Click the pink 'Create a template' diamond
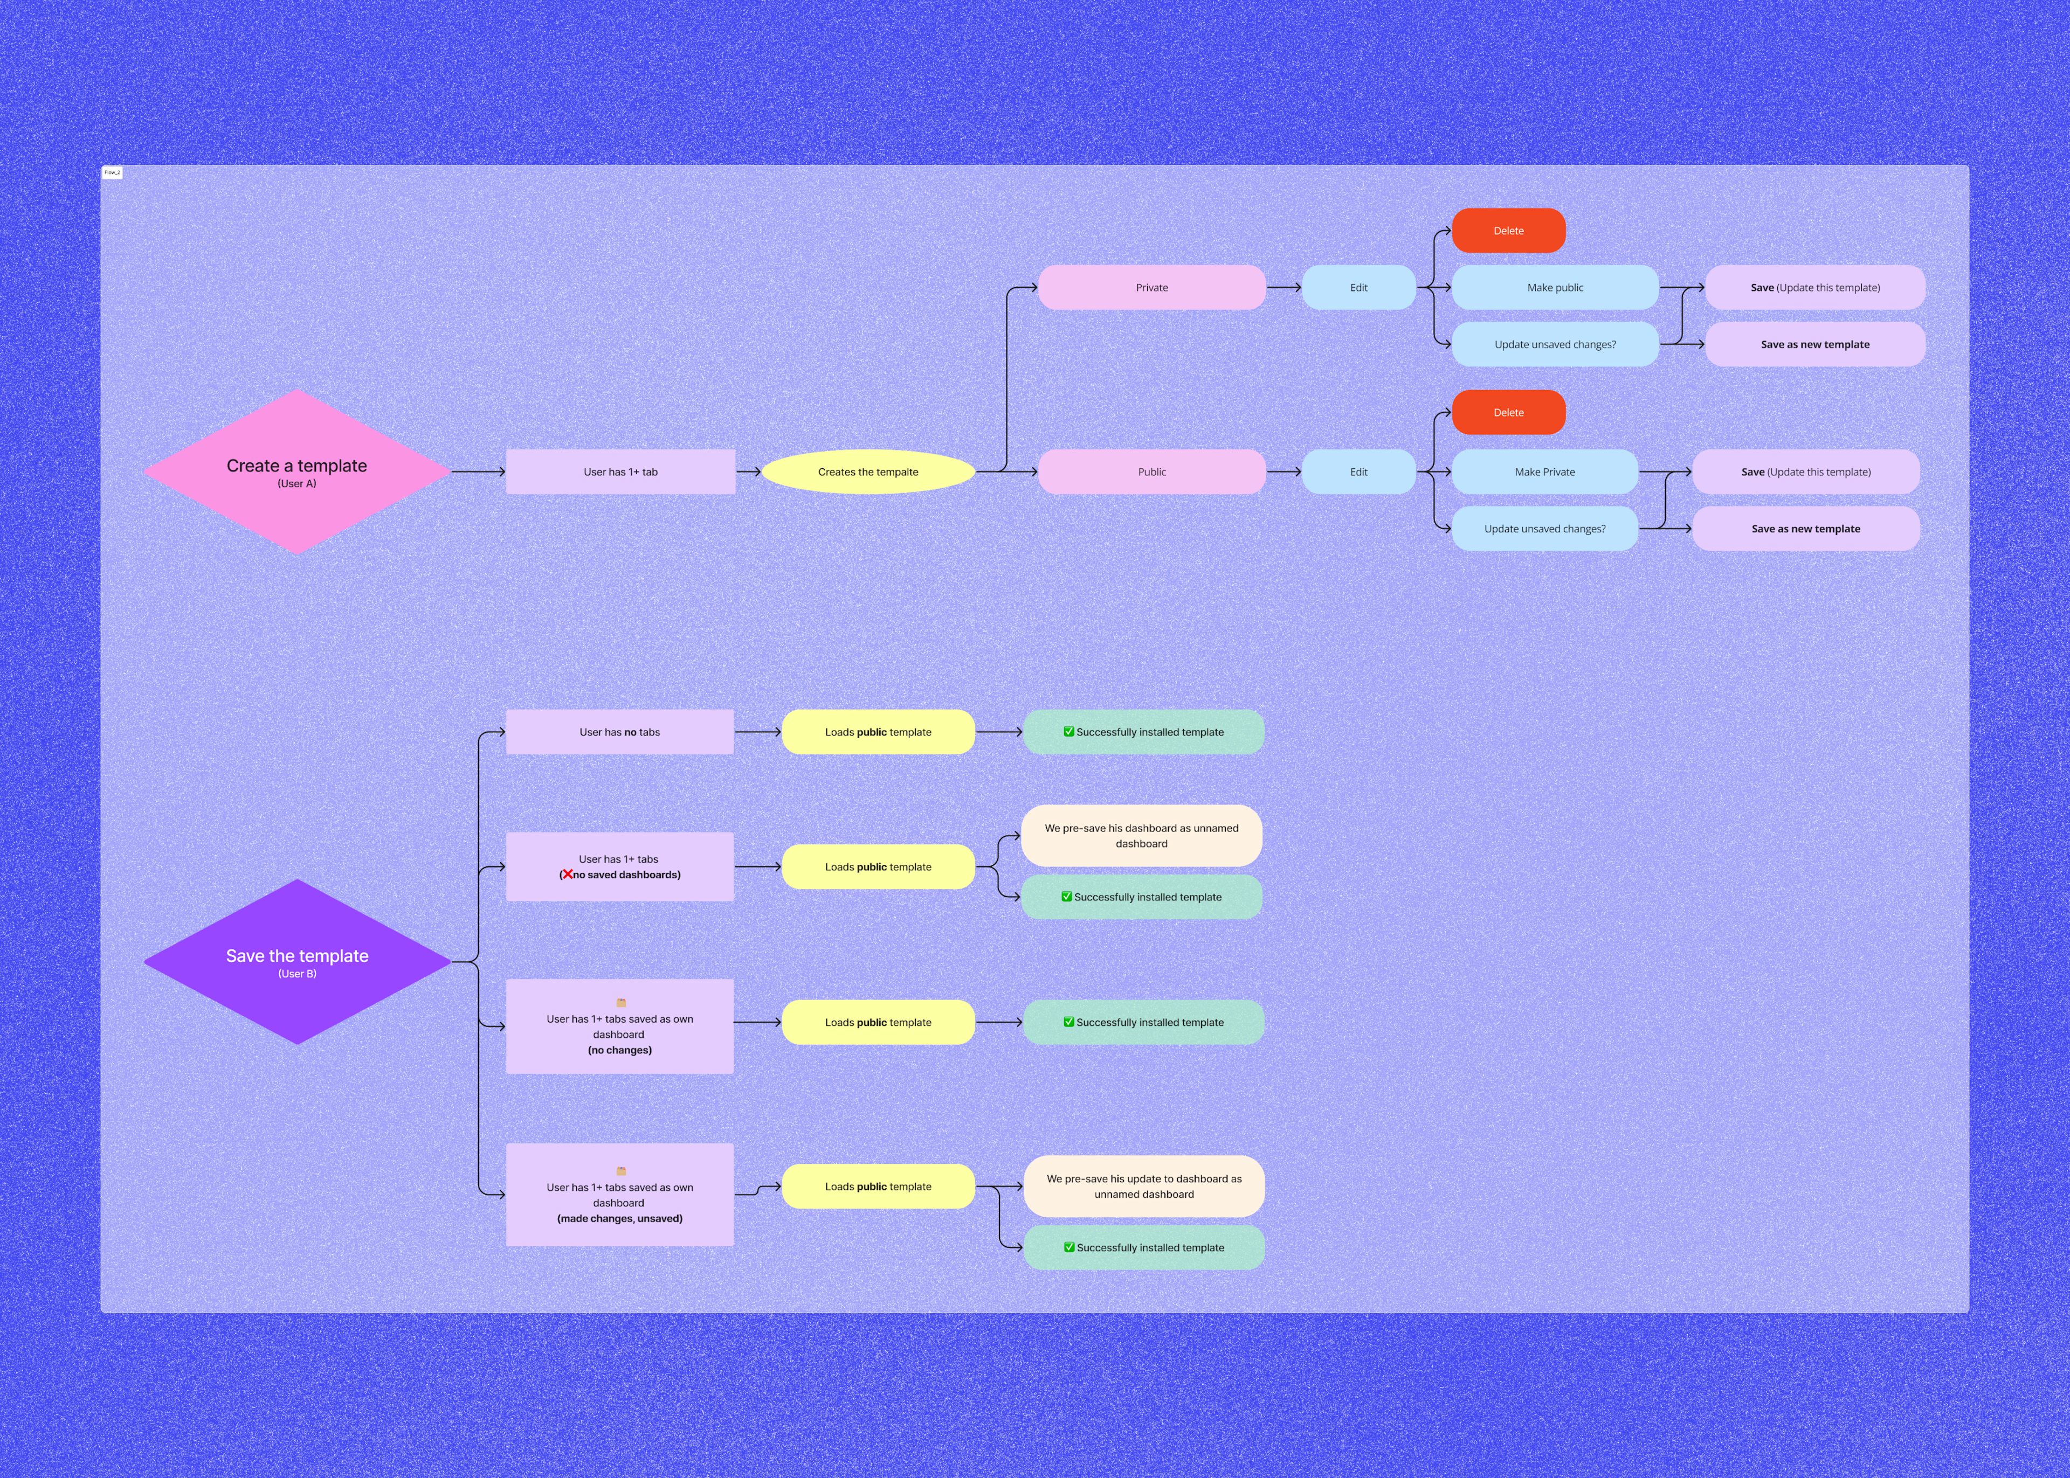click(297, 471)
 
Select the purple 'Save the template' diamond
click(297, 961)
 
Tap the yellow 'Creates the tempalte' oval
click(867, 471)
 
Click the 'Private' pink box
click(1151, 288)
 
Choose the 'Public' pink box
click(1151, 471)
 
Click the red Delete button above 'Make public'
click(1508, 230)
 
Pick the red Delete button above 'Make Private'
click(1508, 412)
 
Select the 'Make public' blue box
click(1555, 288)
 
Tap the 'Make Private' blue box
click(1545, 471)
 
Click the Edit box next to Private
click(1358, 288)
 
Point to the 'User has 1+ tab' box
click(620, 471)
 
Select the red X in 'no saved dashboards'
click(567, 875)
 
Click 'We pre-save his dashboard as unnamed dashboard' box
click(1142, 836)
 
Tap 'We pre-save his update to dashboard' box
click(1144, 1186)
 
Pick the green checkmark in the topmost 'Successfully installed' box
click(1068, 732)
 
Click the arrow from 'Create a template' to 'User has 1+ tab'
click(478, 471)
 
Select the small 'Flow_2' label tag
click(112, 172)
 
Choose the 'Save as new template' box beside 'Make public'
click(1814, 344)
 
